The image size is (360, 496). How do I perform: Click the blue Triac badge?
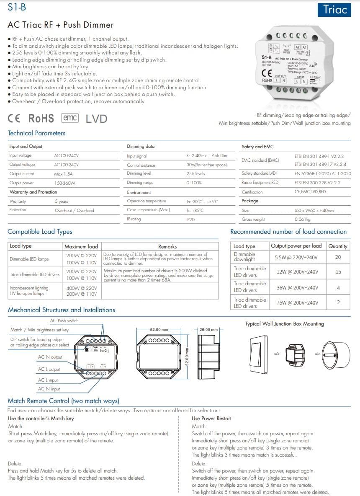(335, 9)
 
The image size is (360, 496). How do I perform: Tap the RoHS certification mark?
(41, 119)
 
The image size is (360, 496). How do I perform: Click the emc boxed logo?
(70, 118)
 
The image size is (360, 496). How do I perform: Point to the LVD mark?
(96, 119)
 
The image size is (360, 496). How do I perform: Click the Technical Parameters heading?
(37, 133)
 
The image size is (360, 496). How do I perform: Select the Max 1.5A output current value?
(63, 174)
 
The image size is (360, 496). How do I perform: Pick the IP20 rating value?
(190, 219)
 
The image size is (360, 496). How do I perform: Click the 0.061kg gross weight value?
(303, 219)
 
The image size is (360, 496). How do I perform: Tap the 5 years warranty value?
(61, 201)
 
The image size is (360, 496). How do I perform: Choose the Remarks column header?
(167, 247)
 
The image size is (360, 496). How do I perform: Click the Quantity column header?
(338, 246)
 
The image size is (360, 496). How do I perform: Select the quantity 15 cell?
(338, 272)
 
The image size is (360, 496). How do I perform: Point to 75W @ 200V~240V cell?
(297, 302)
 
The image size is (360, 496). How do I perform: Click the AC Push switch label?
(64, 321)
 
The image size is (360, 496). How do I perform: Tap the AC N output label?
(50, 357)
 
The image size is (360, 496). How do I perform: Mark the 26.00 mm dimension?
(208, 330)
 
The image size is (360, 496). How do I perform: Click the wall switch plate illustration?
(258, 354)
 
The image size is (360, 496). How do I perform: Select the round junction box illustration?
(335, 354)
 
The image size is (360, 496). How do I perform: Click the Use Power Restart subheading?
(211, 418)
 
